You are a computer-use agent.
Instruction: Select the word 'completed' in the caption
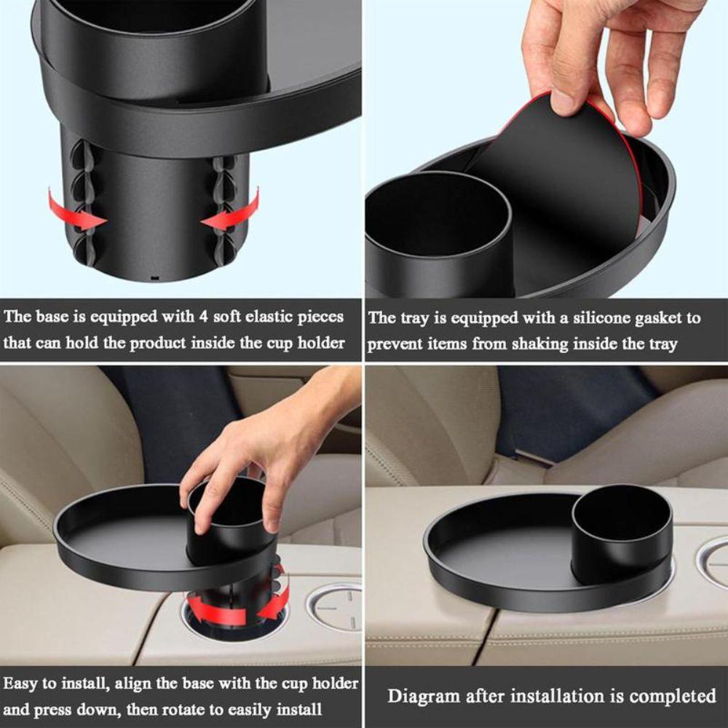tap(673, 696)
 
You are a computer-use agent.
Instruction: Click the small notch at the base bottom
tap(154, 278)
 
